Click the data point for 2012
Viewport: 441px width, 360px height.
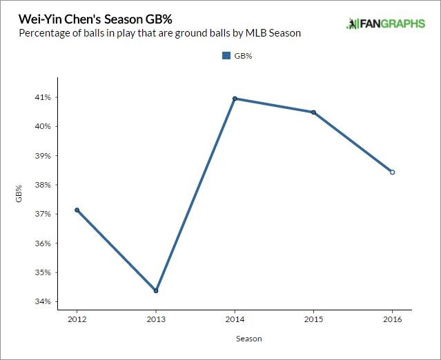tap(77, 210)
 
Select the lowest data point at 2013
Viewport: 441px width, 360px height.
tap(156, 290)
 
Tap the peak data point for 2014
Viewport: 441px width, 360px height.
tap(235, 99)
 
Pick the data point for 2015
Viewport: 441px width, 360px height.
tap(313, 112)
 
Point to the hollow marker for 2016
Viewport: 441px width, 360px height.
tap(392, 172)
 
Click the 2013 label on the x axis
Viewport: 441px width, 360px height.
tap(156, 320)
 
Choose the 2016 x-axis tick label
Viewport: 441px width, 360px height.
tap(392, 320)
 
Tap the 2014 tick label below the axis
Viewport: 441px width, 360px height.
tap(235, 320)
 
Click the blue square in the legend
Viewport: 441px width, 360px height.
tap(226, 56)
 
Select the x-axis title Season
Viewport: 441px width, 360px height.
tap(248, 339)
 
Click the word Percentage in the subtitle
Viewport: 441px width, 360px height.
tap(43, 33)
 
